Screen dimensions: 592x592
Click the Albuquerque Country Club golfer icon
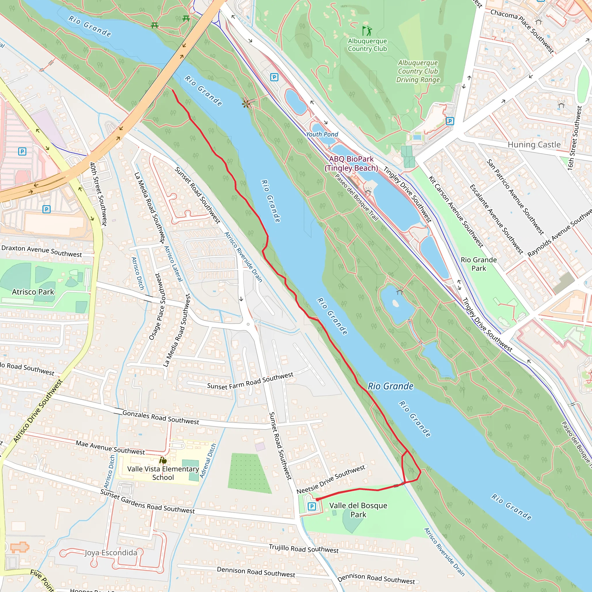[x=367, y=31]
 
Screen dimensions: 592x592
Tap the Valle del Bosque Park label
[x=358, y=510]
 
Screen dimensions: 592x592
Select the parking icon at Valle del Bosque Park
[x=312, y=506]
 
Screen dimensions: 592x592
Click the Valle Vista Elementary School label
[x=163, y=473]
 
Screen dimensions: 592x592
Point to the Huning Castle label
[x=534, y=145]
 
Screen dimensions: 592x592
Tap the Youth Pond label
[x=322, y=134]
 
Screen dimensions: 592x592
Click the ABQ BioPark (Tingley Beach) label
[x=351, y=163]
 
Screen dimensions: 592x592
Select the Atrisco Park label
[x=33, y=292]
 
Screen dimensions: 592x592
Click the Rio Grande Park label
[x=479, y=264]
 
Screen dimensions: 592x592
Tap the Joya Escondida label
[x=111, y=552]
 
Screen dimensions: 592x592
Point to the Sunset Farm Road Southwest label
[x=250, y=381]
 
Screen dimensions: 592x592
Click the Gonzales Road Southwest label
[x=160, y=417]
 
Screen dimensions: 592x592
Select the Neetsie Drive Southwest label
[x=331, y=480]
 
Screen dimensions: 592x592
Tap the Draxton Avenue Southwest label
[x=42, y=251]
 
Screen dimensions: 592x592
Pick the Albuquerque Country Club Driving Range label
[x=418, y=71]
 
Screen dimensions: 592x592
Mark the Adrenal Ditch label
[x=208, y=460]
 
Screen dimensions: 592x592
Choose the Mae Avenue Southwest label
[x=110, y=447]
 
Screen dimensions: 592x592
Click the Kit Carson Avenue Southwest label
[x=455, y=212]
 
